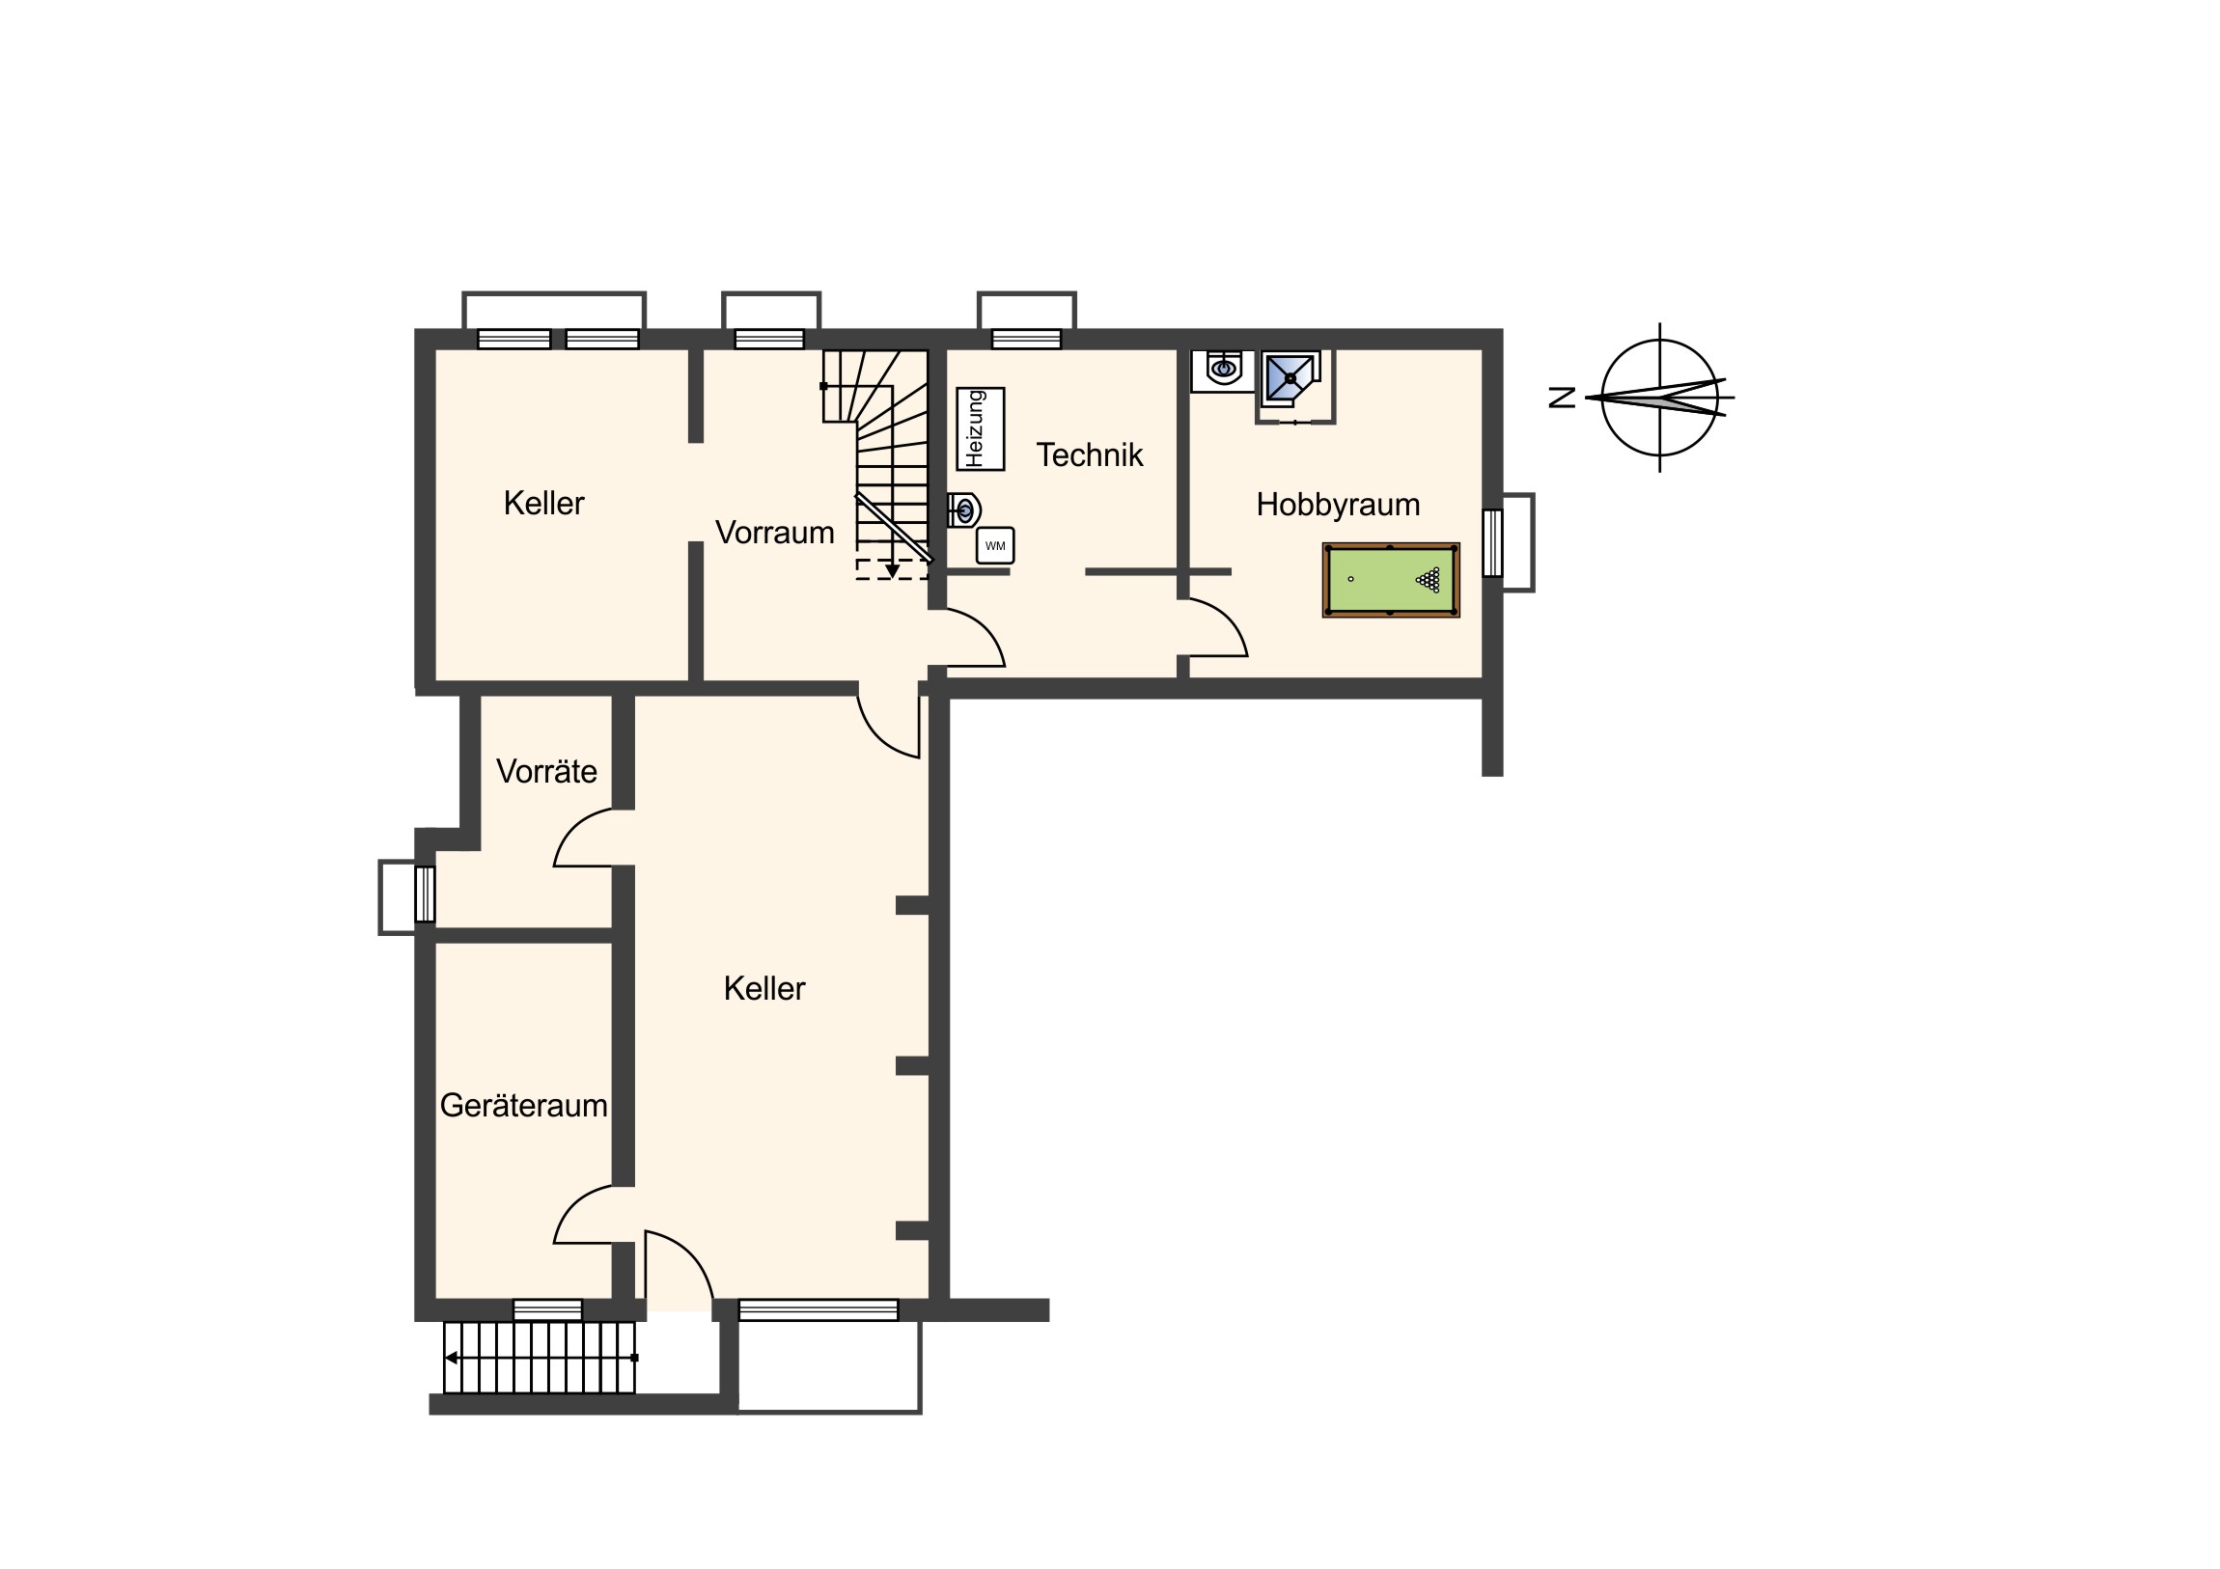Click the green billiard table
[x=1391, y=580]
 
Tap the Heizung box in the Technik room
[x=980, y=429]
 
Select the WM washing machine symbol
[x=995, y=546]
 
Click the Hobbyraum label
[x=1337, y=505]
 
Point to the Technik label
[x=1090, y=455]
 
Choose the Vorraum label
[x=774, y=533]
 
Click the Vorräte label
[x=546, y=771]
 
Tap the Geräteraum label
[x=524, y=1106]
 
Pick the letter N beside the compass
[x=1563, y=398]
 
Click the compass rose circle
[x=1660, y=341]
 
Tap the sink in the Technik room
[x=964, y=509]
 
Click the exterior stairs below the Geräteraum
[x=540, y=1358]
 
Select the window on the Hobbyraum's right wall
[x=1493, y=542]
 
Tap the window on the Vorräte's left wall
[x=425, y=895]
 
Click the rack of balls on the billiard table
[x=1429, y=580]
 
